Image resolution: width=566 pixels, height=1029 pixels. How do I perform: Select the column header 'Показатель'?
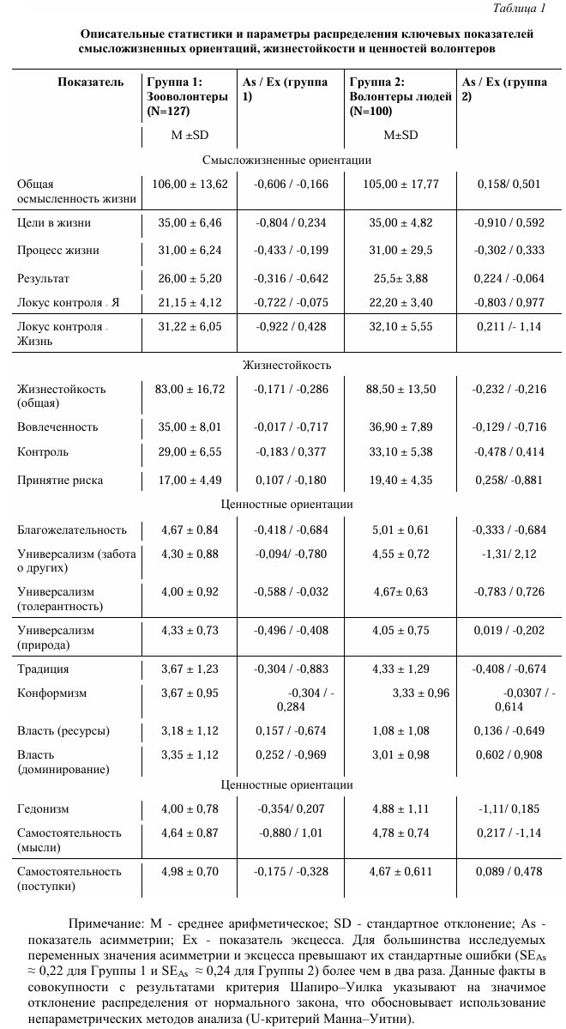pyautogui.click(x=85, y=82)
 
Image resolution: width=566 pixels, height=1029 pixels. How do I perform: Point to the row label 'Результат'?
pyautogui.click(x=44, y=280)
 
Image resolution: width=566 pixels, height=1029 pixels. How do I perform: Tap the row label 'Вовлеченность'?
pyautogui.click(x=57, y=427)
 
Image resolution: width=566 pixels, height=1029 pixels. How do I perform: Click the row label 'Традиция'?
pyautogui.click(x=43, y=669)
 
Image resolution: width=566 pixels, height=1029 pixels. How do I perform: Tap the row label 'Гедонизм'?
pyautogui.click(x=43, y=808)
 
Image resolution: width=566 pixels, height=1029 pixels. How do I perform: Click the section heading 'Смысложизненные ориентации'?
pyautogui.click(x=286, y=160)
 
